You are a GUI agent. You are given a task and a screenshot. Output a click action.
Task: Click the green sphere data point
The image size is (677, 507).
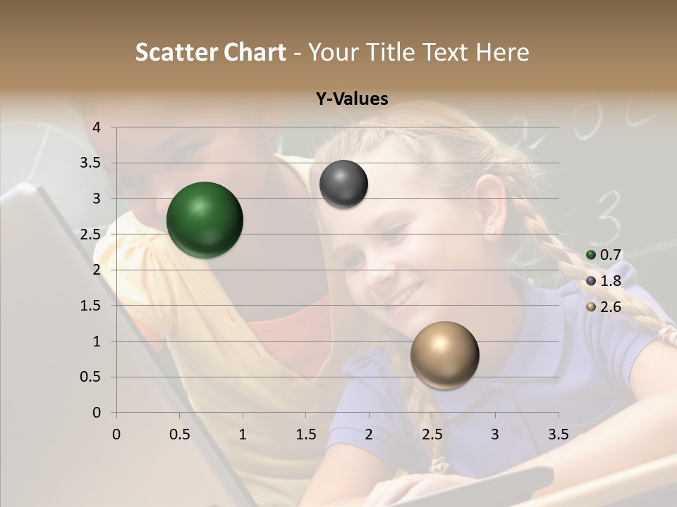click(205, 220)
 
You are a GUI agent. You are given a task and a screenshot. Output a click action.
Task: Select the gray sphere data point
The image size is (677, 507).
click(343, 184)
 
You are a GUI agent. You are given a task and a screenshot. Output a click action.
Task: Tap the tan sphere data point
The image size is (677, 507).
click(444, 355)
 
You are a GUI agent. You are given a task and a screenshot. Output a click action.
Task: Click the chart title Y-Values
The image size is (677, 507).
click(352, 99)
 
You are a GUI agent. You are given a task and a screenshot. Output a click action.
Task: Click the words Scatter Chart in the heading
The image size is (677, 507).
click(210, 52)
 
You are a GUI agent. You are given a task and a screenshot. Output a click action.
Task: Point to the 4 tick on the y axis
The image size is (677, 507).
click(97, 127)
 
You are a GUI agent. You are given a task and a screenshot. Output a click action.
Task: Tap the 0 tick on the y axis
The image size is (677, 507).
click(97, 413)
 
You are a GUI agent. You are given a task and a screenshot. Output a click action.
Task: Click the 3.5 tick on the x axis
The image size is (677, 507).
click(558, 434)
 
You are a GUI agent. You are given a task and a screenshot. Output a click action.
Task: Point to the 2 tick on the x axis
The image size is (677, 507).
click(368, 434)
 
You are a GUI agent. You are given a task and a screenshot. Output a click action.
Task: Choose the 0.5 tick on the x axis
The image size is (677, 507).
click(179, 434)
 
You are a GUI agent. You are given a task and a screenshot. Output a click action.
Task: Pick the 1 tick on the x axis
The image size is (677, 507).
click(243, 434)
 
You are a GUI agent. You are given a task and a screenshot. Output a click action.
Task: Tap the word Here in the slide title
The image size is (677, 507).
click(502, 52)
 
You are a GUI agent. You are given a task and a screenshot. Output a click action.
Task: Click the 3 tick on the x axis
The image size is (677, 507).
click(494, 434)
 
